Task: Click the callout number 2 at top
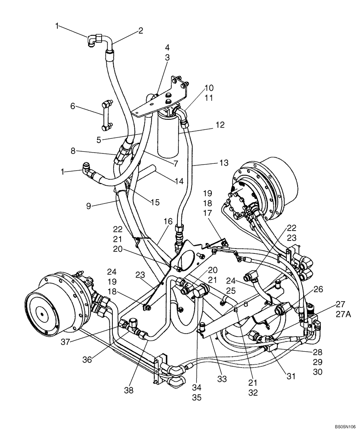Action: click(140, 31)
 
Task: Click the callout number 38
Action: click(129, 390)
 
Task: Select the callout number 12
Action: click(220, 125)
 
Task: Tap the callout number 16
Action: click(168, 221)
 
